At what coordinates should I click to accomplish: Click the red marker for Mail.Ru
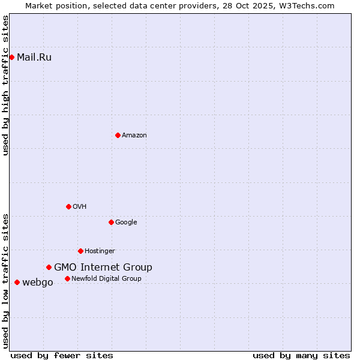click(x=11, y=57)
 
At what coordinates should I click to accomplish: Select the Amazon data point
click(x=118, y=135)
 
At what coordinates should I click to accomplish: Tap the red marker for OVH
click(x=68, y=206)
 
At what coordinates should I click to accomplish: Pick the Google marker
click(x=111, y=222)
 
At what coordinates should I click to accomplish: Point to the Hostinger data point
click(x=80, y=251)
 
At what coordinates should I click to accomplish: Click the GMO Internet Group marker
click(x=49, y=267)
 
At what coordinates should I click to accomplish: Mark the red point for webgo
click(x=17, y=282)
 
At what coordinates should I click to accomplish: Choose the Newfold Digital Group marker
click(x=67, y=278)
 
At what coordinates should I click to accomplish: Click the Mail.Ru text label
click(x=34, y=58)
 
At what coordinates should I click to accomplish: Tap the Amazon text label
click(x=134, y=136)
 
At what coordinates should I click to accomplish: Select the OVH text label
click(x=80, y=207)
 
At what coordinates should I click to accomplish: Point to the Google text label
click(x=126, y=223)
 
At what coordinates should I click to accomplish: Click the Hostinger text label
click(x=100, y=251)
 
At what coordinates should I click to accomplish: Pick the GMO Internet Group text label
click(x=103, y=268)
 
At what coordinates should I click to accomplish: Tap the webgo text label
click(x=38, y=283)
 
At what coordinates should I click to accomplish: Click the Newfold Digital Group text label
click(x=106, y=279)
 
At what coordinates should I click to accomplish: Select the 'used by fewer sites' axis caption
click(x=62, y=355)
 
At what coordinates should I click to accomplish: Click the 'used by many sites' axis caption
click(x=301, y=355)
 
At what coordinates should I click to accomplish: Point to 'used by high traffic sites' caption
click(x=5, y=85)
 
